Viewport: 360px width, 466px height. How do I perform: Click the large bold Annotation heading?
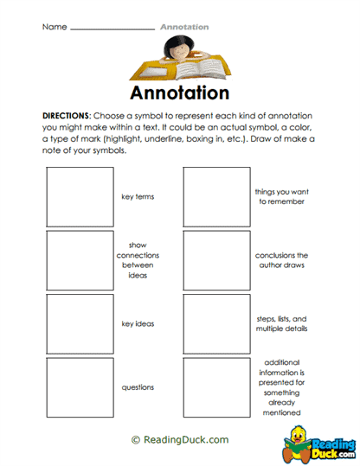tap(181, 93)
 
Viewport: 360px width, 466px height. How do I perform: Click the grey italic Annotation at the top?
tap(184, 27)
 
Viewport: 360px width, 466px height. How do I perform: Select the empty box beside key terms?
tap(80, 196)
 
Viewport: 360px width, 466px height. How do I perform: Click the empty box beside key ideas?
tap(80, 324)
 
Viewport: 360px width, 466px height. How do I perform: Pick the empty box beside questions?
tap(80, 387)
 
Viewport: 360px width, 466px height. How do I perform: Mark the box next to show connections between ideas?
tap(80, 260)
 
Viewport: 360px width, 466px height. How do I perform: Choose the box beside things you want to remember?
tap(216, 196)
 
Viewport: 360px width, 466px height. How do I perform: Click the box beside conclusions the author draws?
tap(216, 260)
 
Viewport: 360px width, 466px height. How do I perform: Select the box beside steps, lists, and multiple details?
tap(216, 324)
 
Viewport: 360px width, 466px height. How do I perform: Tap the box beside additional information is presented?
tap(216, 387)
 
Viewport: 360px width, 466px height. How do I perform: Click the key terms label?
tap(138, 197)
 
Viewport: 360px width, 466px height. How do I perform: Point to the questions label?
tap(138, 388)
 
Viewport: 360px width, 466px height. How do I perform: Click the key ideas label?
tap(138, 324)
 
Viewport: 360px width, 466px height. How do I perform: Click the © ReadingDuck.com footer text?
tap(180, 440)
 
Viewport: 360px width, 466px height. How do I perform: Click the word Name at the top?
tap(54, 27)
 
